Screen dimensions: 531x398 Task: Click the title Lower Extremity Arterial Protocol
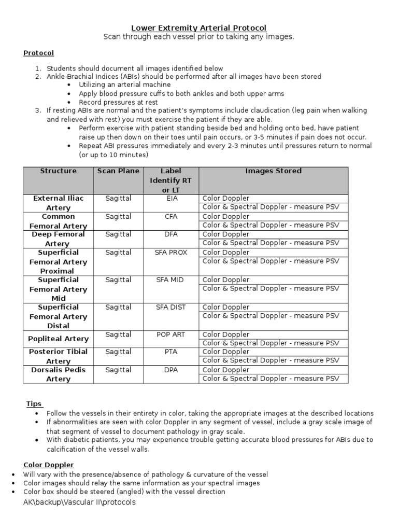pyautogui.click(x=199, y=27)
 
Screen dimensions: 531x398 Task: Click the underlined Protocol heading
pyautogui.click(x=38, y=53)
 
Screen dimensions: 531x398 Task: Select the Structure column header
pyautogui.click(x=58, y=171)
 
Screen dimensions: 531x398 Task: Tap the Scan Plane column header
pyautogui.click(x=118, y=171)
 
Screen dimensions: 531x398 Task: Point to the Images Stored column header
pyautogui.click(x=273, y=171)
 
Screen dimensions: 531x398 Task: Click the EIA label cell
pyautogui.click(x=171, y=198)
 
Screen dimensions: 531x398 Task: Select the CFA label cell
pyautogui.click(x=171, y=216)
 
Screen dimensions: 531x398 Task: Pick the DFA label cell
pyautogui.click(x=171, y=234)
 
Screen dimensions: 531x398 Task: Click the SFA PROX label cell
pyautogui.click(x=171, y=253)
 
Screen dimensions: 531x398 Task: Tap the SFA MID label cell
pyautogui.click(x=171, y=280)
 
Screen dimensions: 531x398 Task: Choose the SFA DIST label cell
pyautogui.click(x=171, y=308)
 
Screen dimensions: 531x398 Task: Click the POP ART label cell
pyautogui.click(x=171, y=334)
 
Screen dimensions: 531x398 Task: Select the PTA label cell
pyautogui.click(x=171, y=352)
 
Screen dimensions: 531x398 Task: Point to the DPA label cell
pyautogui.click(x=171, y=370)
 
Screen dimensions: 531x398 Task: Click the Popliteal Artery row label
pyautogui.click(x=59, y=339)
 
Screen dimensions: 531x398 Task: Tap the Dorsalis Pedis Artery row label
pyautogui.click(x=59, y=374)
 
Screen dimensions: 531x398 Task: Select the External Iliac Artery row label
pyautogui.click(x=59, y=203)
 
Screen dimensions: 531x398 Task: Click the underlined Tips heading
pyautogui.click(x=34, y=404)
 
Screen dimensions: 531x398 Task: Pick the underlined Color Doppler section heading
pyautogui.click(x=49, y=465)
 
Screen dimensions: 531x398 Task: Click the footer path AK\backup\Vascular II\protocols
pyautogui.click(x=79, y=502)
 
